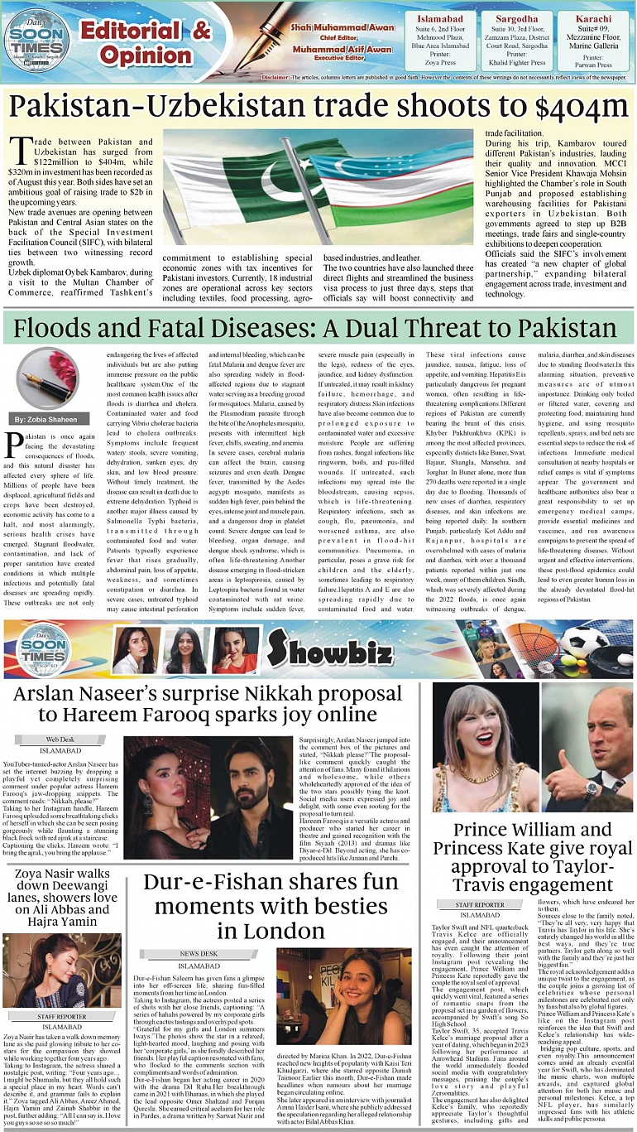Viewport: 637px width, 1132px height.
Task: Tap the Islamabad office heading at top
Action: click(439, 18)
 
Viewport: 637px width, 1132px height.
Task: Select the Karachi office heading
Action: click(593, 18)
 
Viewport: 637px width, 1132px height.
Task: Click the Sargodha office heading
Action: click(516, 18)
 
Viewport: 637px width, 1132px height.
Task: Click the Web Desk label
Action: click(60, 738)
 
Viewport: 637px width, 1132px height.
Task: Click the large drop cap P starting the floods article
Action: click(14, 445)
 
